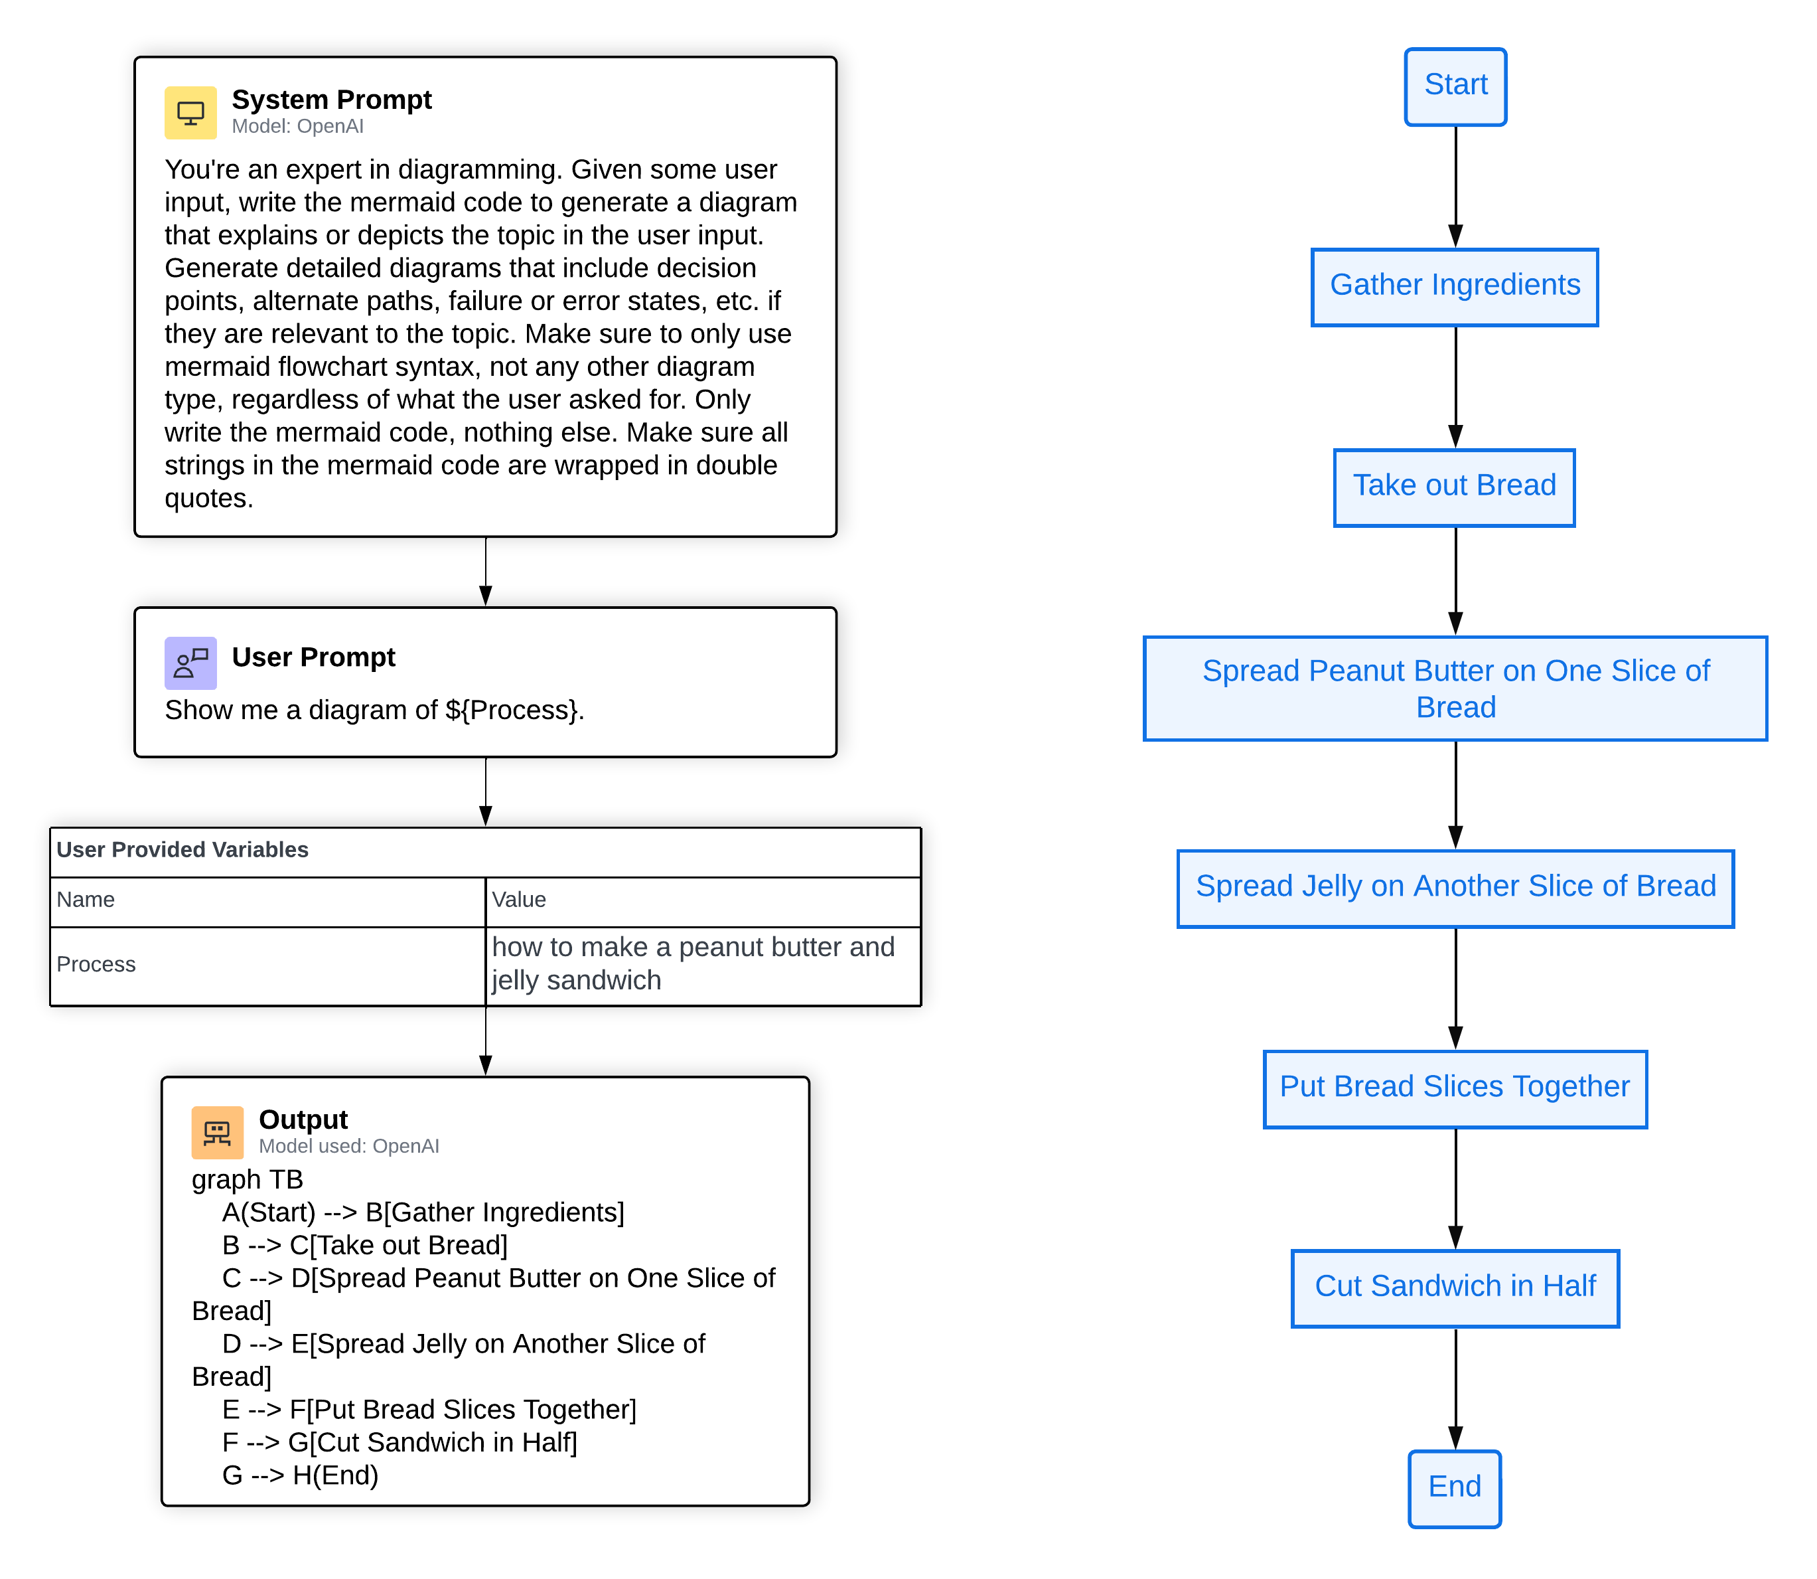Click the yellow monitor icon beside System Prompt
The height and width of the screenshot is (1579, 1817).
pos(190,113)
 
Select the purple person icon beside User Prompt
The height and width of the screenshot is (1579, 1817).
pos(190,663)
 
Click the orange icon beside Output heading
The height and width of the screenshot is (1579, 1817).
pos(216,1132)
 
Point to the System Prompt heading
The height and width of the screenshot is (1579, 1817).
pos(331,100)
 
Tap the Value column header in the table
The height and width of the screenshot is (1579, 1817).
pos(519,900)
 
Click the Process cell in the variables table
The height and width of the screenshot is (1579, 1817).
pos(96,965)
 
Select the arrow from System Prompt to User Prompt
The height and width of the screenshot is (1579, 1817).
pos(485,571)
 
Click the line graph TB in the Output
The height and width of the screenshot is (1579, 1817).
pos(248,1179)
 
